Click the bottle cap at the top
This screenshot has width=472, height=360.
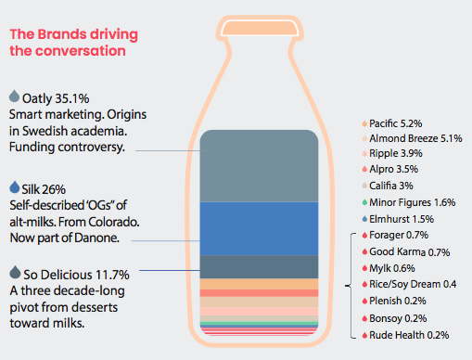coord(260,28)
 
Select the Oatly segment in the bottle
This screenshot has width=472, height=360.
coord(259,166)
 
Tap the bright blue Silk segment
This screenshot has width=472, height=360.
coord(259,229)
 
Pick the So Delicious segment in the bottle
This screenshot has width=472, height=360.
coord(259,267)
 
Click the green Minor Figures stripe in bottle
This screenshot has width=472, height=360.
coord(259,324)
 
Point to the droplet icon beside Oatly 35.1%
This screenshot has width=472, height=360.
coord(14,96)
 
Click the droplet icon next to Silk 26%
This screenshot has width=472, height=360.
coord(15,187)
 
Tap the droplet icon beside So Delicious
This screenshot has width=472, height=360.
coord(15,272)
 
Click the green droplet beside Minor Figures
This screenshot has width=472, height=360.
coord(364,202)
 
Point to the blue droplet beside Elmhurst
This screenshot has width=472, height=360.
coord(364,219)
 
